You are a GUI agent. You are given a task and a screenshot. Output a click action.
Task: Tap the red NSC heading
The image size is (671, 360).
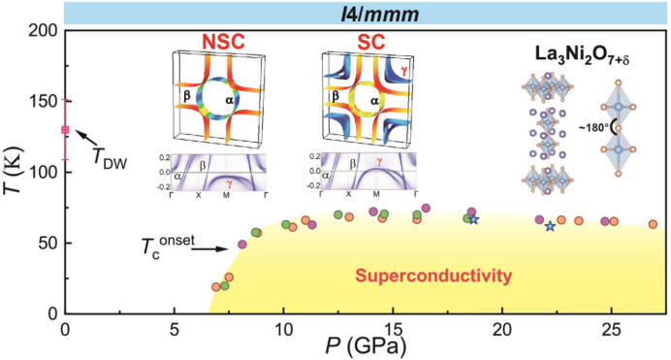tap(223, 42)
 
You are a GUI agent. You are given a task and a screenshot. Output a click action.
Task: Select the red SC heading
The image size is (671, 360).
tap(371, 42)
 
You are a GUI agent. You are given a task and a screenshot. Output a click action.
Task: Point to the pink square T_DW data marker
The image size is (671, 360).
tap(65, 130)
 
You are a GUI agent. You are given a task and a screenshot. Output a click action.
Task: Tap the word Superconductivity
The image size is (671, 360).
tap(433, 276)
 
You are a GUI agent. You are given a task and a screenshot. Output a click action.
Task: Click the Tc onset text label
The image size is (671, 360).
tap(168, 247)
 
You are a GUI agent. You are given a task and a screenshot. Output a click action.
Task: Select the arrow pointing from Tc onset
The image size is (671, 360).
tap(209, 248)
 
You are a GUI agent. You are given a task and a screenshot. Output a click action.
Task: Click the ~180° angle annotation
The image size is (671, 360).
tap(594, 127)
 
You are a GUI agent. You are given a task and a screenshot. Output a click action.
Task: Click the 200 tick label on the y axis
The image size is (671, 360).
tap(45, 31)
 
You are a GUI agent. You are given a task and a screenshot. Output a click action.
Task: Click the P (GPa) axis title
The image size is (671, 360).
tap(366, 346)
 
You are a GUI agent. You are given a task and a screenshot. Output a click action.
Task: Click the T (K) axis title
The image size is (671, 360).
tap(14, 171)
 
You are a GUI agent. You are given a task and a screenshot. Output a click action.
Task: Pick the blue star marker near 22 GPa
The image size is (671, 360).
tap(550, 226)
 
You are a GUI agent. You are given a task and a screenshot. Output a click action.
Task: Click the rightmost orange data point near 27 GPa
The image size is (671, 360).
tap(653, 224)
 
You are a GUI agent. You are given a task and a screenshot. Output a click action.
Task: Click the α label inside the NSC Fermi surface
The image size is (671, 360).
tap(230, 100)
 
